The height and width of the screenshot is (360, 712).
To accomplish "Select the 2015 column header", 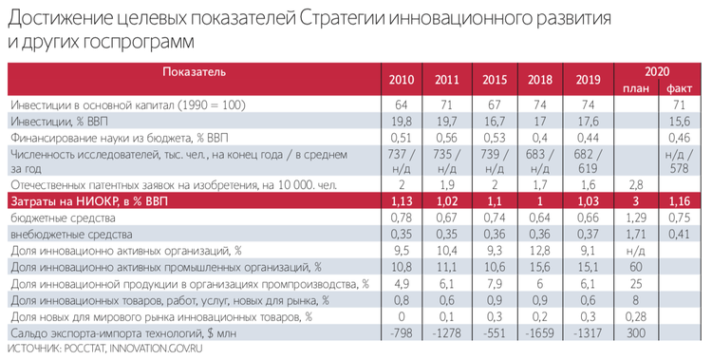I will tap(495, 79).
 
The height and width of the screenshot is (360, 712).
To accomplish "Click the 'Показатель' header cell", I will tap(194, 72).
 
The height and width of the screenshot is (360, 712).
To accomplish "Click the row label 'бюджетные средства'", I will tap(57, 218).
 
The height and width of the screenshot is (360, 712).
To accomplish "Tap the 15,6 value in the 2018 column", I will tap(541, 267).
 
